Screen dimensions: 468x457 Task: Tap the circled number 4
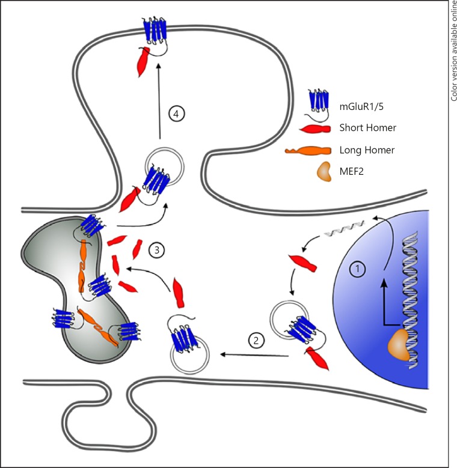tap(176, 114)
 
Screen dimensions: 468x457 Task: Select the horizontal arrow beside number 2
tap(253, 355)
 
